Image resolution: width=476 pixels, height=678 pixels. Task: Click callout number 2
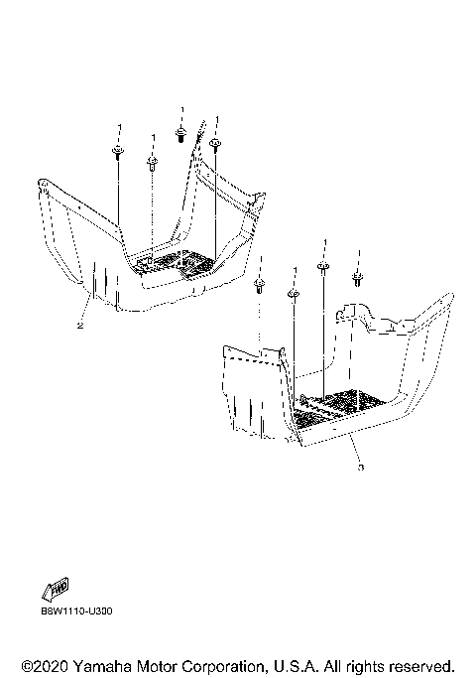click(x=80, y=326)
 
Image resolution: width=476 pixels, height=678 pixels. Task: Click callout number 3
click(x=361, y=468)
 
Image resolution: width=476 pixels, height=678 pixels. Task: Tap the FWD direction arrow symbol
click(x=56, y=590)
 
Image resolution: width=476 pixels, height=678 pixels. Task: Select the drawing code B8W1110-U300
click(x=77, y=610)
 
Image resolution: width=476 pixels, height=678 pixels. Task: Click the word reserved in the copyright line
click(x=418, y=666)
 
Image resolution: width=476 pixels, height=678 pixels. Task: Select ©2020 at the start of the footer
click(x=45, y=666)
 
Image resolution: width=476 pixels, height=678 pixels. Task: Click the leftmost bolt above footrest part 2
click(x=117, y=152)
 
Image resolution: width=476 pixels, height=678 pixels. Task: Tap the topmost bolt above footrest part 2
click(x=181, y=134)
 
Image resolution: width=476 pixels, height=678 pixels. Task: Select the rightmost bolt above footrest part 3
click(x=357, y=279)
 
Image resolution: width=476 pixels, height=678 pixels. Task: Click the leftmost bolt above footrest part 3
click(x=259, y=286)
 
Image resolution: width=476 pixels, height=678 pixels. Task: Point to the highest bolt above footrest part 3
click(x=323, y=268)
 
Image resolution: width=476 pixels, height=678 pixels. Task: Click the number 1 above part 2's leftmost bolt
click(x=120, y=127)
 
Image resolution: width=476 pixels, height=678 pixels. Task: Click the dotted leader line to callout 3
click(x=355, y=450)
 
